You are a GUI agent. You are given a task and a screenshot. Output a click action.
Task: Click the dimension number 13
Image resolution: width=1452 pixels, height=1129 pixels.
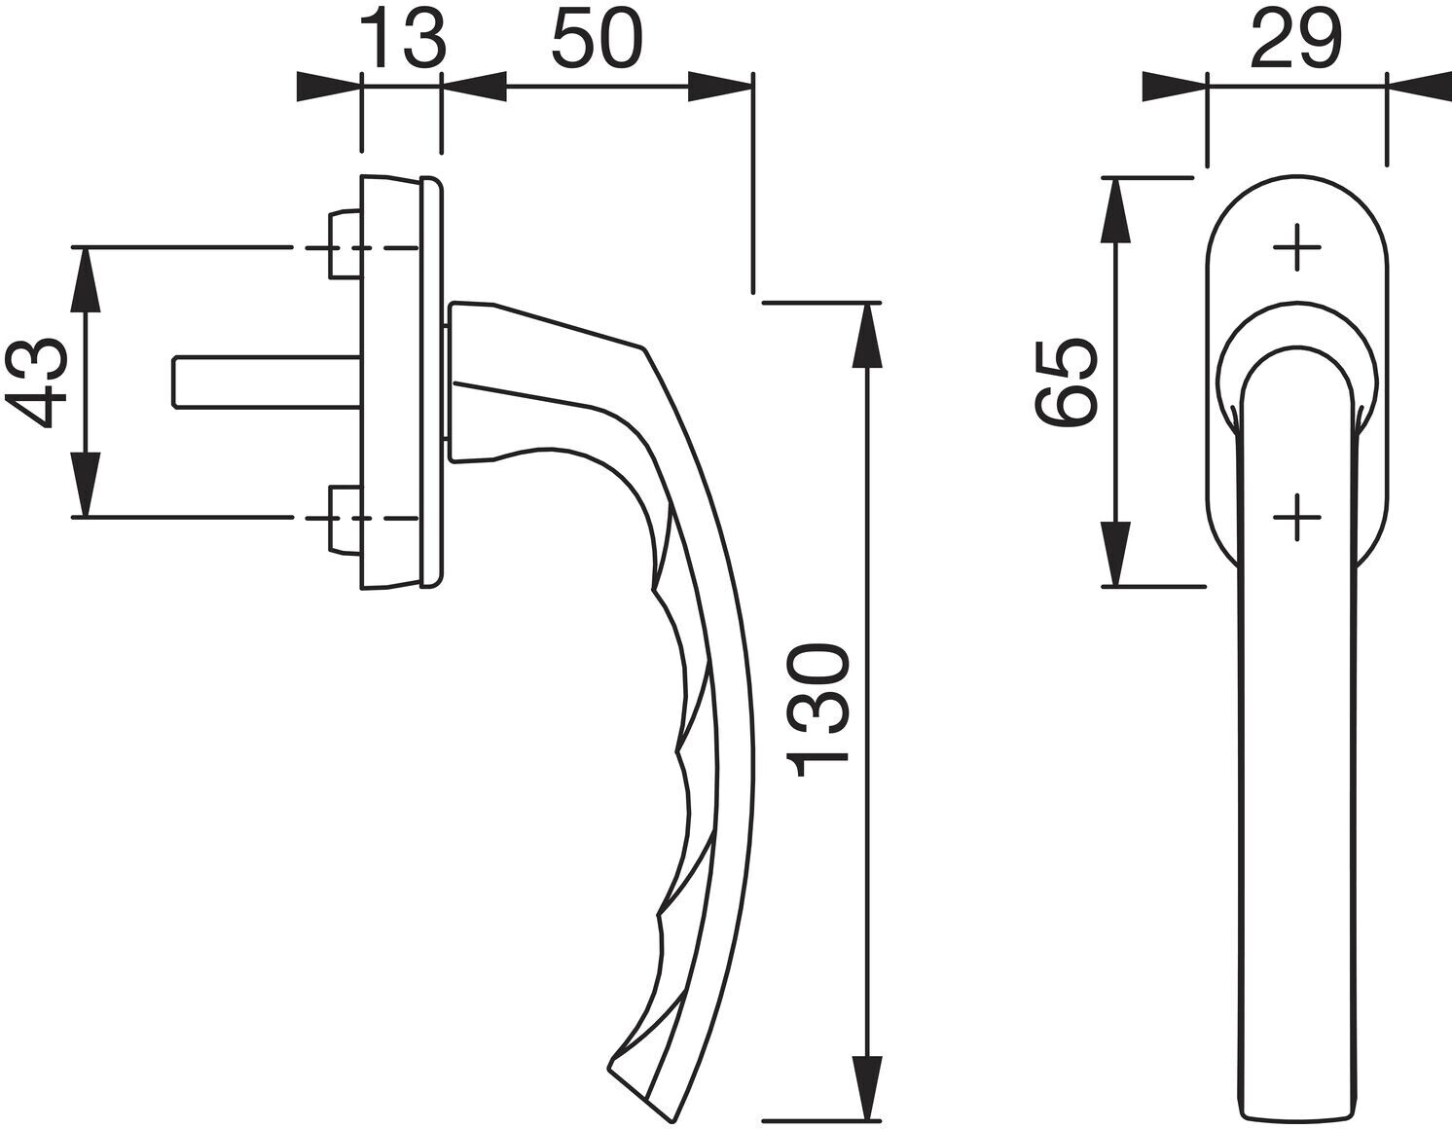click(403, 40)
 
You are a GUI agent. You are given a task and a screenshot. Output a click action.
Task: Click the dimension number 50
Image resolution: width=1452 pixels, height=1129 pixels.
click(598, 40)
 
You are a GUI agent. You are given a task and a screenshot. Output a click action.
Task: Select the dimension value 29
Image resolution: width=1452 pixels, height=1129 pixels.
click(1296, 40)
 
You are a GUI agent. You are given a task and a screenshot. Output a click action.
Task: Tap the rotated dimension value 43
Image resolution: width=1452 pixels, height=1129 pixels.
click(37, 382)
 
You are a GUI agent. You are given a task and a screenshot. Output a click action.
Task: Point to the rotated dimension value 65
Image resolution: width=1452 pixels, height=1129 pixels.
click(1066, 382)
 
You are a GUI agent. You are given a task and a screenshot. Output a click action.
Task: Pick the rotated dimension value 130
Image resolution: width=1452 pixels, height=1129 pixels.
click(817, 711)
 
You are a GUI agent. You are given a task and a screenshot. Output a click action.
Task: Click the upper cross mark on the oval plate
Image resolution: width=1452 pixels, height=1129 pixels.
click(1297, 248)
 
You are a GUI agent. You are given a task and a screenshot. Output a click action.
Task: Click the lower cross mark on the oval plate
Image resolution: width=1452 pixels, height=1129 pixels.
click(1297, 518)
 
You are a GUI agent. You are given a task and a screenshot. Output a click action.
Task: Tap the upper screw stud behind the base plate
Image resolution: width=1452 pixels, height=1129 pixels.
click(345, 244)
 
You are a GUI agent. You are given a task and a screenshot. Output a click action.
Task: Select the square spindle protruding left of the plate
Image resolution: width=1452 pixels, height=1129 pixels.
click(268, 382)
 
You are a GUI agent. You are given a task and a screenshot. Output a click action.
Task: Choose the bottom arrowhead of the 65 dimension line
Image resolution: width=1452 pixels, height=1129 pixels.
click(1115, 554)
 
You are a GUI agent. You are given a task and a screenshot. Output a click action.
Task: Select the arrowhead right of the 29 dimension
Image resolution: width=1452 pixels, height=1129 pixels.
click(1419, 87)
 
